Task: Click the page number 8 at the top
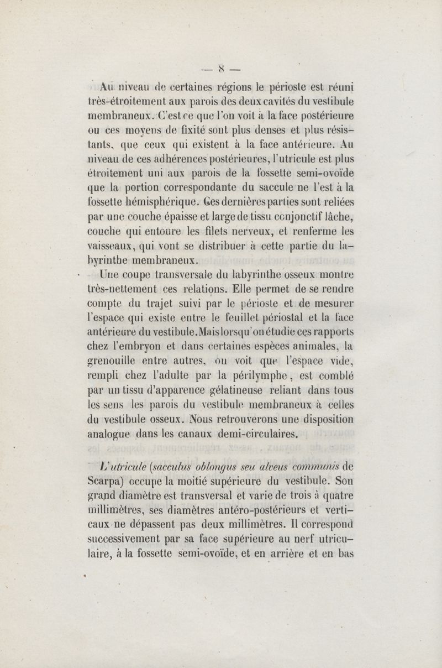pos(220,71)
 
